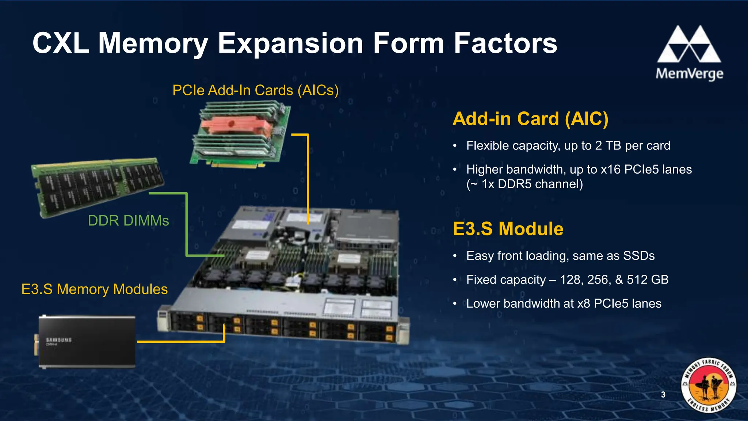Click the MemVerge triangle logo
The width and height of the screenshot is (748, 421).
[689, 45]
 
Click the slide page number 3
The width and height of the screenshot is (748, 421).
[663, 395]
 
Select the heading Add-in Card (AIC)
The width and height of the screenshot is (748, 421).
[530, 119]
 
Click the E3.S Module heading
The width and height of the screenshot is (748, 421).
[508, 229]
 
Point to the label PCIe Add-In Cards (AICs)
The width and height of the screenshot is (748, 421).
[255, 90]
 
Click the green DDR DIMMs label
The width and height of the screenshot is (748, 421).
[128, 221]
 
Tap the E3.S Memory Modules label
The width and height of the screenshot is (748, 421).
[94, 289]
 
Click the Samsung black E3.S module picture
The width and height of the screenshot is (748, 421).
[87, 341]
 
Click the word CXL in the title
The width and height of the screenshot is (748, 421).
[61, 43]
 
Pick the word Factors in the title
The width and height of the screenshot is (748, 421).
[505, 43]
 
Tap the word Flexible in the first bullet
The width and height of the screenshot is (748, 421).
[487, 145]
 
